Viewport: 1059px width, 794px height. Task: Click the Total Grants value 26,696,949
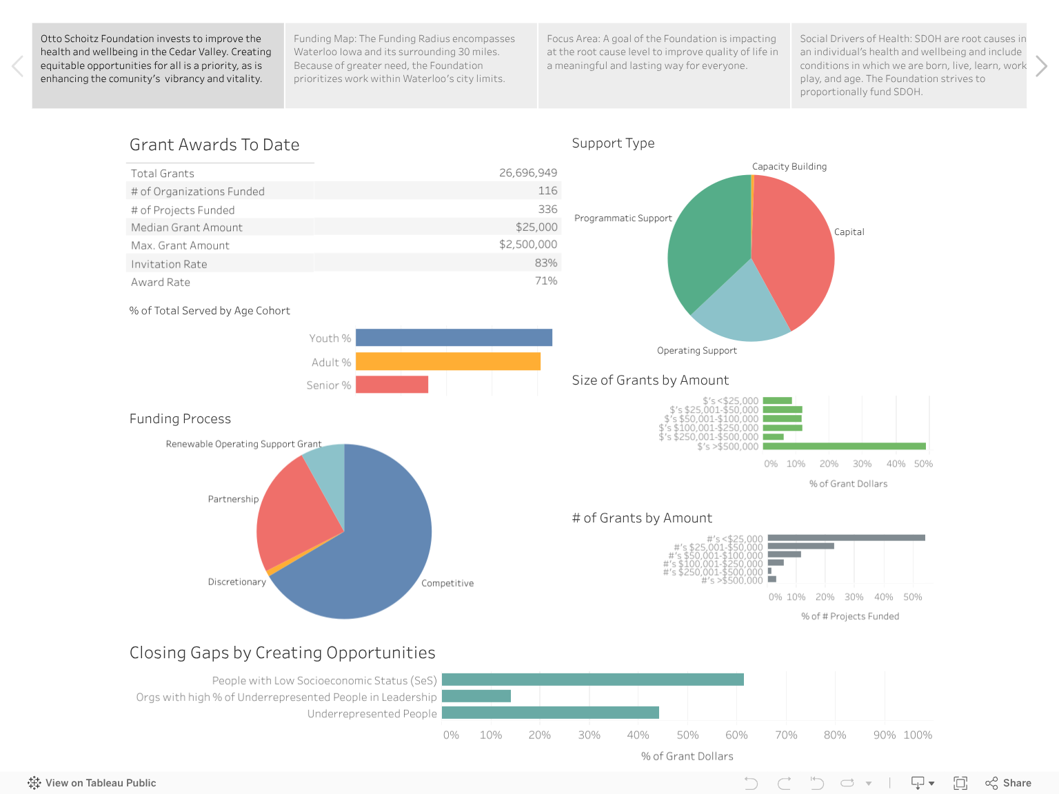[x=527, y=173]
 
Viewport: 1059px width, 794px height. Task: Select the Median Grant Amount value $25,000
[x=536, y=227]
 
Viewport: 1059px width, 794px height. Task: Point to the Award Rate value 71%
[x=545, y=281]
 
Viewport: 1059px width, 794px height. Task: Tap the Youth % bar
[x=454, y=338]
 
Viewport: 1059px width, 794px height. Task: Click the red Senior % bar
[x=392, y=385]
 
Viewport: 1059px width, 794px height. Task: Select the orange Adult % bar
[x=447, y=362]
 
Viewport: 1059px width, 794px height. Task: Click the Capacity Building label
[x=789, y=167]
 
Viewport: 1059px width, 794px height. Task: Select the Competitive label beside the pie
[x=447, y=583]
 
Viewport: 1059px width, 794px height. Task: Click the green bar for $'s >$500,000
[x=844, y=446]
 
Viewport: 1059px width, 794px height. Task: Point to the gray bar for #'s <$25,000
[x=846, y=538]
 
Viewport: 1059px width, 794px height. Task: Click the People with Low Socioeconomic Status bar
[x=592, y=680]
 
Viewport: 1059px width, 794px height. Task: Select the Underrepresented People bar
[x=550, y=713]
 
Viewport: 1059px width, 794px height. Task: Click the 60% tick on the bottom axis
[x=736, y=735]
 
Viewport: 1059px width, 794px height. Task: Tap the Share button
[x=1008, y=783]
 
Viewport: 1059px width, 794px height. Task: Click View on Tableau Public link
[x=92, y=783]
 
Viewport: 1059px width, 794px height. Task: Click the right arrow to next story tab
[x=1041, y=66]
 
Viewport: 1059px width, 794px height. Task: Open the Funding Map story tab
[x=411, y=65]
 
